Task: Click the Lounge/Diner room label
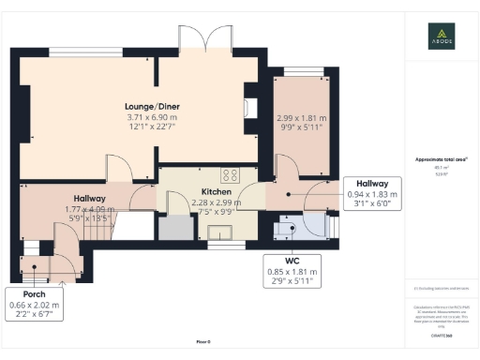154,106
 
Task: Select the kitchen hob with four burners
230,174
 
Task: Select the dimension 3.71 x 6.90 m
154,118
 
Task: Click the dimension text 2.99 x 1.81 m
302,118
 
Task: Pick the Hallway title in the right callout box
367,185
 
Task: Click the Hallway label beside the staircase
84,199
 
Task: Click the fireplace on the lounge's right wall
248,107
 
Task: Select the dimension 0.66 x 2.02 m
34,305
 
